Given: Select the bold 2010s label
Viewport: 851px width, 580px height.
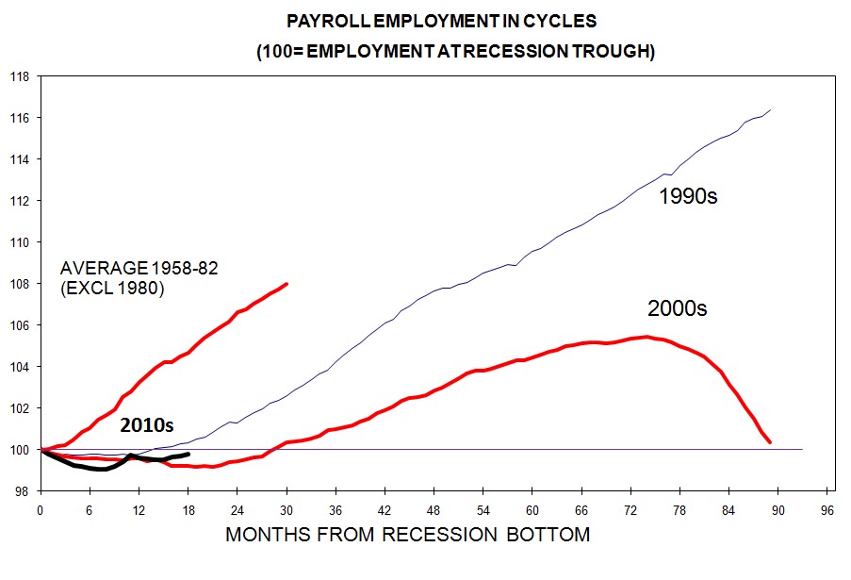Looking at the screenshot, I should [x=147, y=425].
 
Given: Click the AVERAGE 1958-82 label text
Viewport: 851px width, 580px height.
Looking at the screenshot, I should [x=139, y=268].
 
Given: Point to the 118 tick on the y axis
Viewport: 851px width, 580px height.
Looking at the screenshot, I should [x=21, y=76].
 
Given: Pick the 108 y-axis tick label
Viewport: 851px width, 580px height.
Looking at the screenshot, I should [x=21, y=283].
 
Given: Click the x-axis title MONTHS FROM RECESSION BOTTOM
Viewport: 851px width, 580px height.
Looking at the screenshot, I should [x=407, y=535].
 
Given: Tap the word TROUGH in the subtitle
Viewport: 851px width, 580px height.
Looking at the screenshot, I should [x=611, y=51].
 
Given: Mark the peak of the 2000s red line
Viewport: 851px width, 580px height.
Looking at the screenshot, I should [x=646, y=337].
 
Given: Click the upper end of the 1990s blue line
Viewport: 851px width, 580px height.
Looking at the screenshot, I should [x=771, y=110].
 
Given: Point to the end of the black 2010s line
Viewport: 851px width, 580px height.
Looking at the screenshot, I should [x=188, y=454].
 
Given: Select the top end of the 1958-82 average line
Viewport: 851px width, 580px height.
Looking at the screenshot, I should [x=286, y=283].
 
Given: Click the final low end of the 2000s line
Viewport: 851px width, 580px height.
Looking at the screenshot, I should [x=770, y=441].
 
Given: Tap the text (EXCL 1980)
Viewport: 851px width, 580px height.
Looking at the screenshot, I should [x=112, y=290].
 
